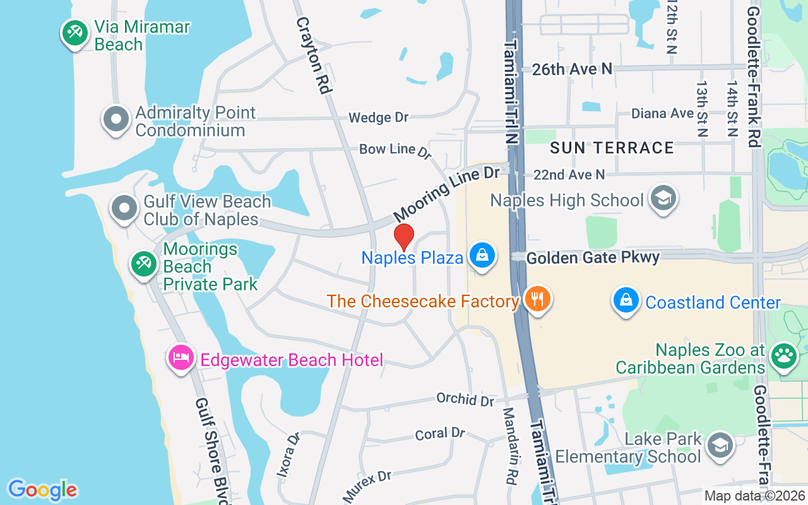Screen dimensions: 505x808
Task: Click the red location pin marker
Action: (x=403, y=237)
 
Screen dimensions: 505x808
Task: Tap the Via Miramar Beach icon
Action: (x=75, y=32)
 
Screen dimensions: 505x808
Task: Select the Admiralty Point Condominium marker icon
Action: (x=116, y=119)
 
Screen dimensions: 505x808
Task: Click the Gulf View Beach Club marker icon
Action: (x=124, y=208)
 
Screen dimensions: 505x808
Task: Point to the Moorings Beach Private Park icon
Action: (x=143, y=263)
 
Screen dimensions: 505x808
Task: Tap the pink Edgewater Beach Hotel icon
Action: (x=181, y=358)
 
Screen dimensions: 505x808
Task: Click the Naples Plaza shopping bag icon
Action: (x=482, y=256)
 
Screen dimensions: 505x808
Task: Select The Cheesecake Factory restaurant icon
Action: (x=537, y=298)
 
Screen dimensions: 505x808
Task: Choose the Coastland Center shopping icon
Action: (x=626, y=300)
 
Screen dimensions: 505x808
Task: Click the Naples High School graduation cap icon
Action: (x=663, y=198)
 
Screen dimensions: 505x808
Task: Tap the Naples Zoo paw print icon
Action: (x=783, y=356)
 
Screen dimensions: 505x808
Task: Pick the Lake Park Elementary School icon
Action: (x=719, y=445)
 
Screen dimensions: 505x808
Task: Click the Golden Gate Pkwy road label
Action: (x=593, y=258)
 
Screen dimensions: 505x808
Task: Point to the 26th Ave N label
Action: (x=572, y=69)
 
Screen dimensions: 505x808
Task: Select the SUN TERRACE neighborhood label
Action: (x=612, y=148)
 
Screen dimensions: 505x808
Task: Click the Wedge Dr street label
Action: (x=378, y=117)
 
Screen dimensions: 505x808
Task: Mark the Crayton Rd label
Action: (x=314, y=56)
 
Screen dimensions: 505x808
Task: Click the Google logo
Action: (x=42, y=490)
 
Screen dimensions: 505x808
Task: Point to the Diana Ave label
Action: (x=663, y=114)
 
